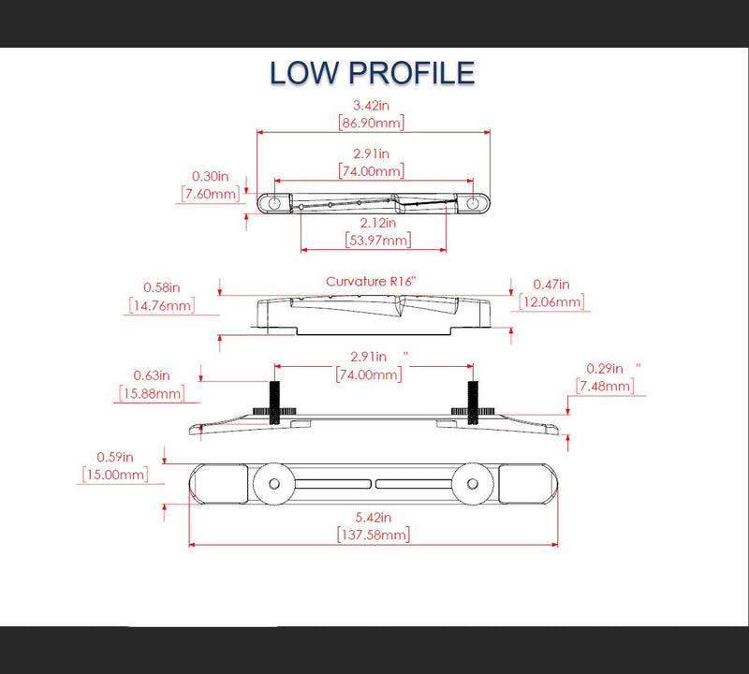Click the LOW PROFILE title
click(x=372, y=73)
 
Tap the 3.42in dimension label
click(x=371, y=105)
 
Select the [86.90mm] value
click(x=371, y=123)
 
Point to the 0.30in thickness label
click(x=210, y=176)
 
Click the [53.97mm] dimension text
click(x=378, y=240)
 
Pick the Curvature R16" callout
click(x=371, y=282)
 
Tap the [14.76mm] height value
click(x=162, y=305)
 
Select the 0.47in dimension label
click(x=551, y=285)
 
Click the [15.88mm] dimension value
click(x=152, y=393)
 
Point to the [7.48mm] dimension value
click(x=605, y=386)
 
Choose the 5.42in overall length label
click(x=373, y=518)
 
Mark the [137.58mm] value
click(x=374, y=535)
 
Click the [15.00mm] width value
click(x=115, y=475)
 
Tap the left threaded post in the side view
click(x=274, y=403)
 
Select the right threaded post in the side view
click(x=473, y=403)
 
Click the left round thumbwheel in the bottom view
click(x=274, y=484)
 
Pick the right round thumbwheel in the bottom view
click(x=473, y=484)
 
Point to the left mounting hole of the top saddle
click(x=274, y=203)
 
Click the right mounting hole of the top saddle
click(x=473, y=203)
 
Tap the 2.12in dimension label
click(x=378, y=223)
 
